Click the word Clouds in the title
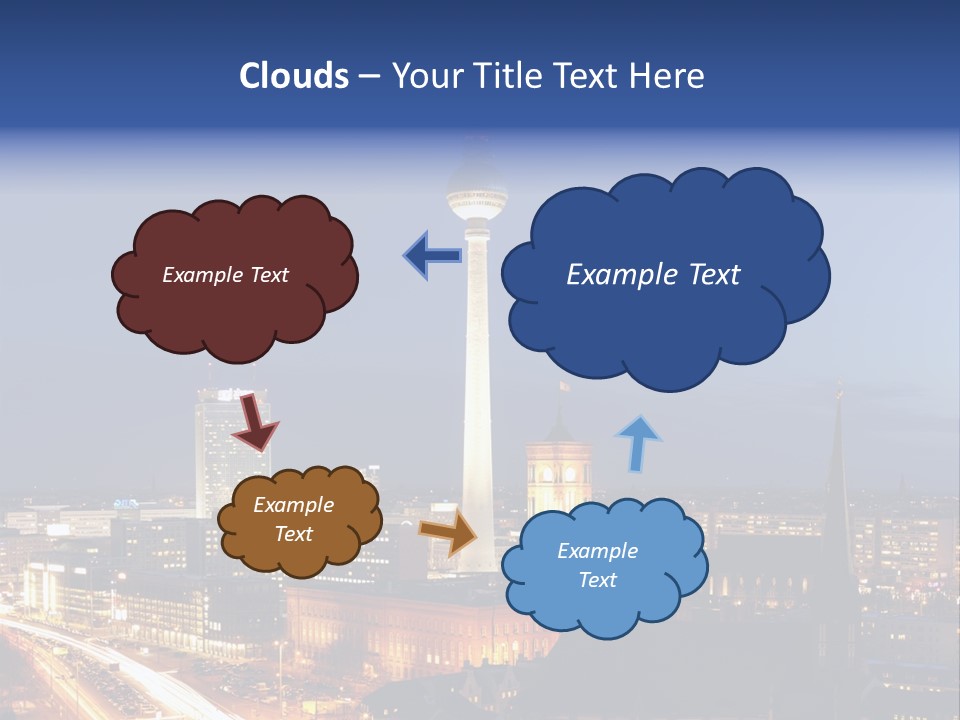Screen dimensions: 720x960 pos(294,76)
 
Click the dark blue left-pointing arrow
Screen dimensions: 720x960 pos(432,256)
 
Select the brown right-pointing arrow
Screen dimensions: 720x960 pos(449,533)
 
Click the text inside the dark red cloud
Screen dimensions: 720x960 pos(225,275)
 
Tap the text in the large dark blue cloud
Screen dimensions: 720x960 pos(653,275)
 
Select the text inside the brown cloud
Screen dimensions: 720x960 pos(294,520)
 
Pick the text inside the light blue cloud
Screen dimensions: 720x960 pos(598,566)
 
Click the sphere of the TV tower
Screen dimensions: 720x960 pos(477,190)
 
